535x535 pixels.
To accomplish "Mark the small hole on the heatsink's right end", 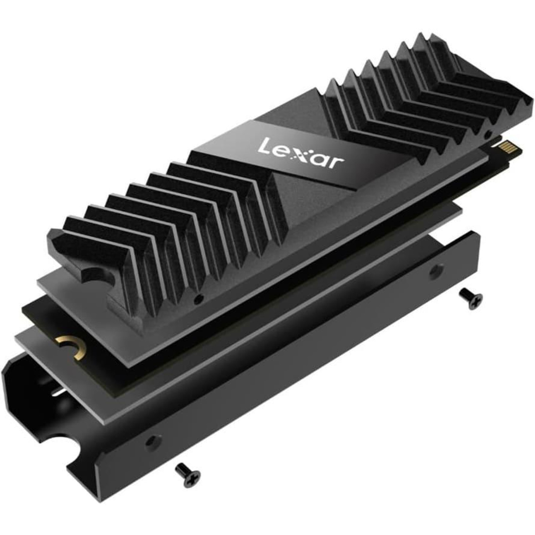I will [x=489, y=135].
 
